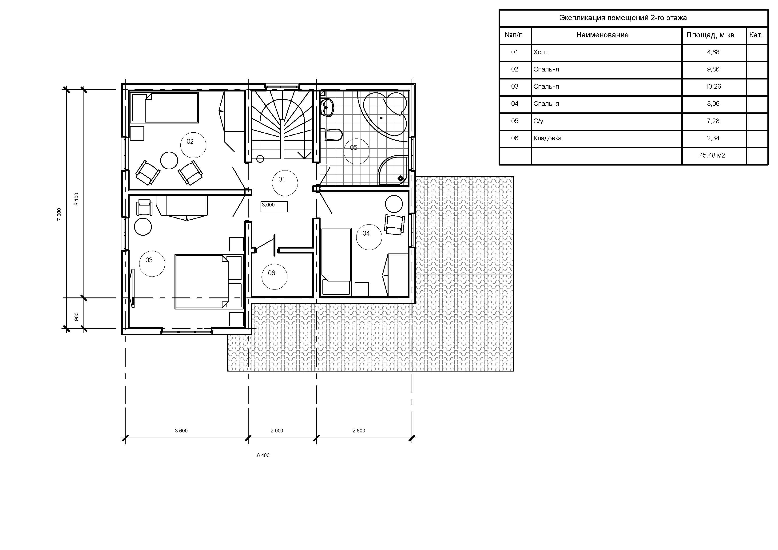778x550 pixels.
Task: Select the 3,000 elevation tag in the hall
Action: [x=274, y=206]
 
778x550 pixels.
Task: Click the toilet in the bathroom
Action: [x=333, y=135]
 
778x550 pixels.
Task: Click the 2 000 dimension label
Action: [x=277, y=431]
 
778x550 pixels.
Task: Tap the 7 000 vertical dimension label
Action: [x=59, y=214]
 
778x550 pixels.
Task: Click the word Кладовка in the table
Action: [x=547, y=138]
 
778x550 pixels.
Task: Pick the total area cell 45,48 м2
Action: [x=712, y=155]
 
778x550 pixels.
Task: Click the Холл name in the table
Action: [x=541, y=52]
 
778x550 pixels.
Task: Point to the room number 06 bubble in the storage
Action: [x=274, y=277]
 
